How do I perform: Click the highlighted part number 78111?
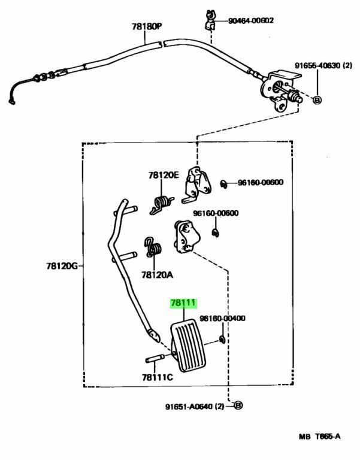[x=183, y=304]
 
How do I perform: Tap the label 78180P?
[x=147, y=27]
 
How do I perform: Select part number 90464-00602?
[x=251, y=20]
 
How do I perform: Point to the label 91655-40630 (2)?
[x=323, y=65]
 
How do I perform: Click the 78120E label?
[x=164, y=175]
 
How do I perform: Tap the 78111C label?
[x=157, y=377]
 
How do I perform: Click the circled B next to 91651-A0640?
[x=237, y=406]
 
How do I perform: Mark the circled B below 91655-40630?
[x=317, y=99]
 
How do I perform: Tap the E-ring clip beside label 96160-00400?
[x=222, y=341]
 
